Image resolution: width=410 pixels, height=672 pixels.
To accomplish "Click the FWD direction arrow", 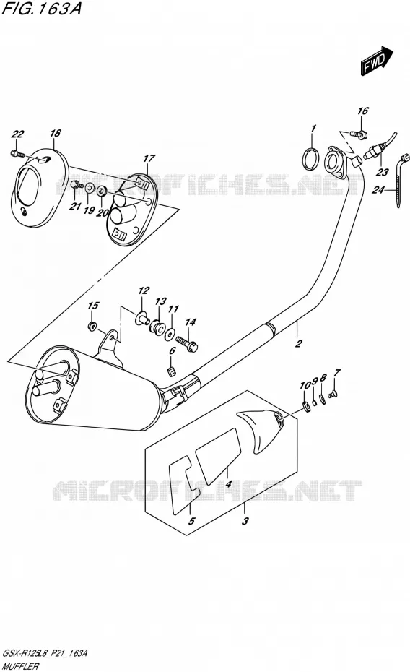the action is point(377,61).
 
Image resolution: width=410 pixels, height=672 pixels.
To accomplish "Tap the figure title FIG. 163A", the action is point(42,9).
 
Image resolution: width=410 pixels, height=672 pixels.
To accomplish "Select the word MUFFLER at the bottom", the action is point(21,666).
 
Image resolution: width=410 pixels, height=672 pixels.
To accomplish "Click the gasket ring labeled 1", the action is point(312,158).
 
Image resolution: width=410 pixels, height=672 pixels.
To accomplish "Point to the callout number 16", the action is point(362,111).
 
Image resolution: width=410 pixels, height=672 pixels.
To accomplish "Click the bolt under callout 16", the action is point(358,134).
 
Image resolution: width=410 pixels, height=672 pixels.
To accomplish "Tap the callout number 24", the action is point(378,189).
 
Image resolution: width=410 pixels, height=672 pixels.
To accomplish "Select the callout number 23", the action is point(382,172).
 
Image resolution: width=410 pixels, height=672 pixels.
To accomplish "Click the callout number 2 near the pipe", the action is point(299,343).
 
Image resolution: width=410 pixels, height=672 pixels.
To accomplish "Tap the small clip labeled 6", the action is point(170,370).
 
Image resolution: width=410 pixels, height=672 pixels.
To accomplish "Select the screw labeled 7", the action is point(333,392).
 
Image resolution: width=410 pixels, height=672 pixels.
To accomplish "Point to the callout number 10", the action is point(305,386).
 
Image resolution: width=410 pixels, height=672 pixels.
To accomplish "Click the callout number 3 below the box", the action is point(245,521).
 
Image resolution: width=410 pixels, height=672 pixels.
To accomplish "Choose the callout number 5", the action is point(192,521).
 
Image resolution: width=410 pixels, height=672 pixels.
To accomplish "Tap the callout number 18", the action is point(55,133).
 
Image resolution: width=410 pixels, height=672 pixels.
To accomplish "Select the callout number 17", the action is point(149,158).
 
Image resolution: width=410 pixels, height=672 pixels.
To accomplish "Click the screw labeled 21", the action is point(77,186).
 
